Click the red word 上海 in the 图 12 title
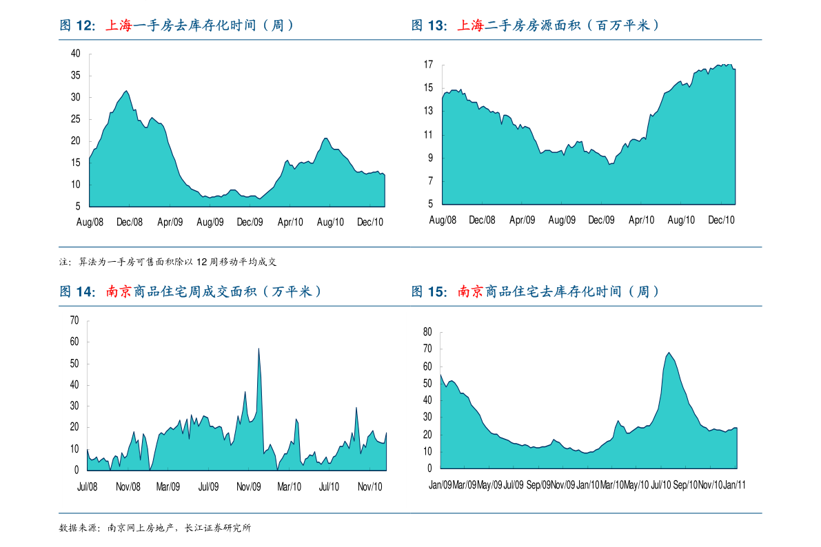[119, 26]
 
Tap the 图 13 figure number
[429, 26]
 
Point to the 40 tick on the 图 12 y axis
[76, 54]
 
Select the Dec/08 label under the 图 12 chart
[130, 222]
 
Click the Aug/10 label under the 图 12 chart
[330, 222]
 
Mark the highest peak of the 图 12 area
[125, 91]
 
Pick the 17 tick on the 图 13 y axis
[428, 65]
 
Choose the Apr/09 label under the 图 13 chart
[522, 220]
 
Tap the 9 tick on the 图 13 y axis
[430, 158]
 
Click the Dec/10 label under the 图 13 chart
[721, 220]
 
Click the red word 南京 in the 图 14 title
[119, 292]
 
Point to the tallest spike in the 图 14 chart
[259, 349]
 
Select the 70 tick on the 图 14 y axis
[74, 320]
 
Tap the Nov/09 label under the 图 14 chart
[248, 486]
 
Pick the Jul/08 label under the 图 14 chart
[88, 486]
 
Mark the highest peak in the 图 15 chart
[669, 353]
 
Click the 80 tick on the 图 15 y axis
[427, 332]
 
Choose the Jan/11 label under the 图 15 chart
[734, 485]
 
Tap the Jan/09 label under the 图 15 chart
[440, 485]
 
